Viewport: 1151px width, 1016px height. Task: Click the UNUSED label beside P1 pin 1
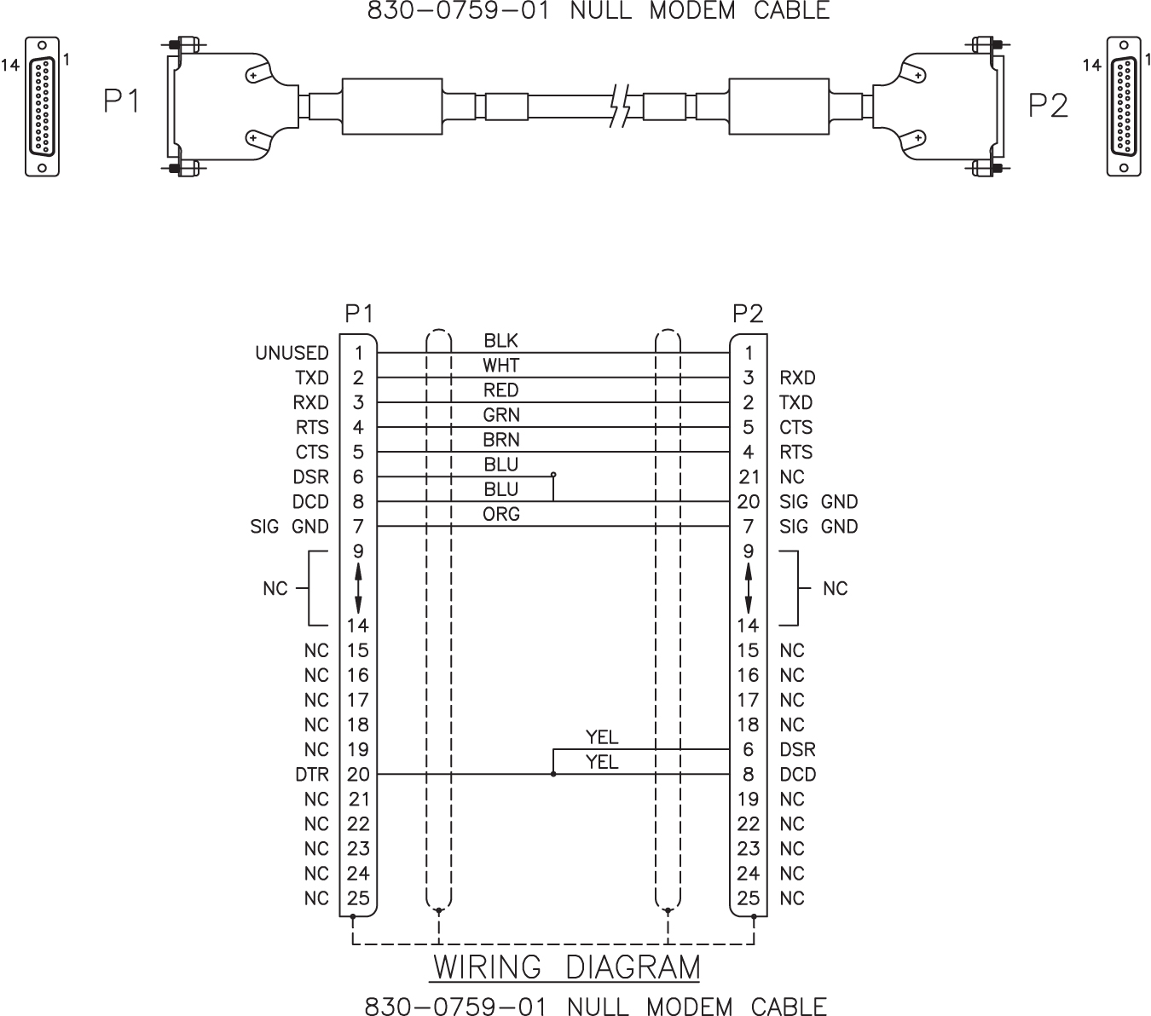coord(292,353)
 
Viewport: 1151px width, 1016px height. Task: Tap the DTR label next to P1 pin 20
coord(312,774)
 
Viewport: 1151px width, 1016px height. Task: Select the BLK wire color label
coord(500,340)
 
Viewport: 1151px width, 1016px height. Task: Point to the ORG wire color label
coord(501,514)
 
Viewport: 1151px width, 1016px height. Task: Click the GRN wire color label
coord(501,415)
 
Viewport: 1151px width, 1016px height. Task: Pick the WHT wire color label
coord(500,365)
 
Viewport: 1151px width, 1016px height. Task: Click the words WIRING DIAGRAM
coord(566,967)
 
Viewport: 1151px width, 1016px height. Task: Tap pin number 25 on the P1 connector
coord(358,898)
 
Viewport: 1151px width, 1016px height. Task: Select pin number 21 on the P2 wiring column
coord(749,477)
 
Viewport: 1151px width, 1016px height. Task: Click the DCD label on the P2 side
coord(798,774)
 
